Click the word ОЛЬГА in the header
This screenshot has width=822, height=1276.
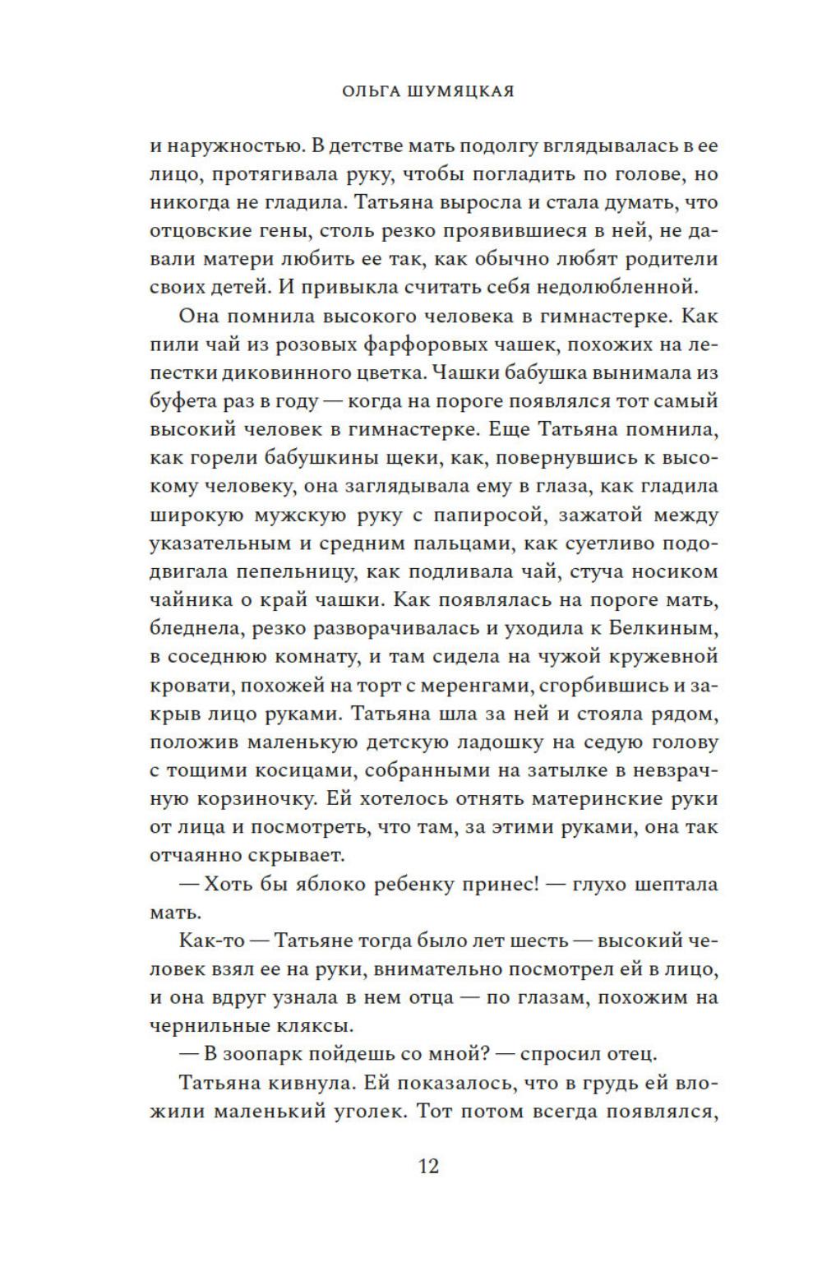(369, 91)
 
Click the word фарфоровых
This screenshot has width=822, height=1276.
(406, 344)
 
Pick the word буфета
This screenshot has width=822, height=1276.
(178, 401)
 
